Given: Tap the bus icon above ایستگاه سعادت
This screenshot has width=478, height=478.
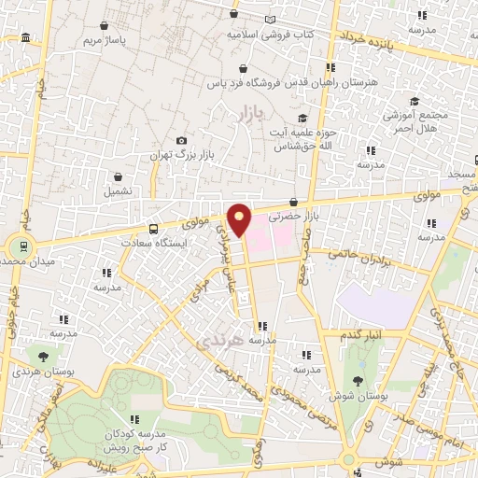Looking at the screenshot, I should coord(154,228).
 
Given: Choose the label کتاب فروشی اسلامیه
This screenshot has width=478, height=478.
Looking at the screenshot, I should coord(271,34).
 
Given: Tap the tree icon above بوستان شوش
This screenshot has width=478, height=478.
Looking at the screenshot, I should coord(358,380).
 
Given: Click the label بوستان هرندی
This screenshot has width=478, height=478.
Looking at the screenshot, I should coord(39,371).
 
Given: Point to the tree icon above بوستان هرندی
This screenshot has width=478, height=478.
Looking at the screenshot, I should coord(41,356).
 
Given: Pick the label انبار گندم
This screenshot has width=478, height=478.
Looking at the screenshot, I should coord(360,334).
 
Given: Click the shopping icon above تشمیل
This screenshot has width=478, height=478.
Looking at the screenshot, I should coord(119,176).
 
